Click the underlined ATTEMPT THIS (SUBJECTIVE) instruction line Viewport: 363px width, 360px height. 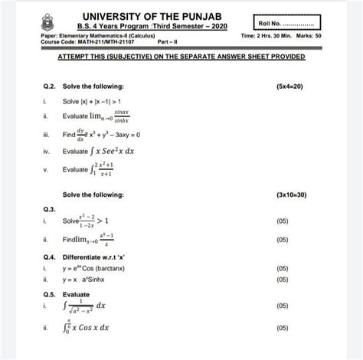(181, 58)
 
